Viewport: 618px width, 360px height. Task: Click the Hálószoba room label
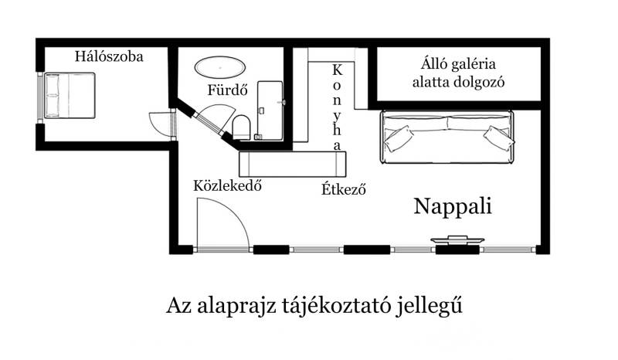[x=109, y=56]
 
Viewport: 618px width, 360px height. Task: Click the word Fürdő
[x=227, y=90]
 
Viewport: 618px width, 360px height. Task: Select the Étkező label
[x=343, y=188]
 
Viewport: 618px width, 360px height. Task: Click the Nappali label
[x=453, y=206]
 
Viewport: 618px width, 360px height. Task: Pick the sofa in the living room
[x=447, y=137]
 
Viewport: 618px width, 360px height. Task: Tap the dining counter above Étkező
[x=294, y=164]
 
